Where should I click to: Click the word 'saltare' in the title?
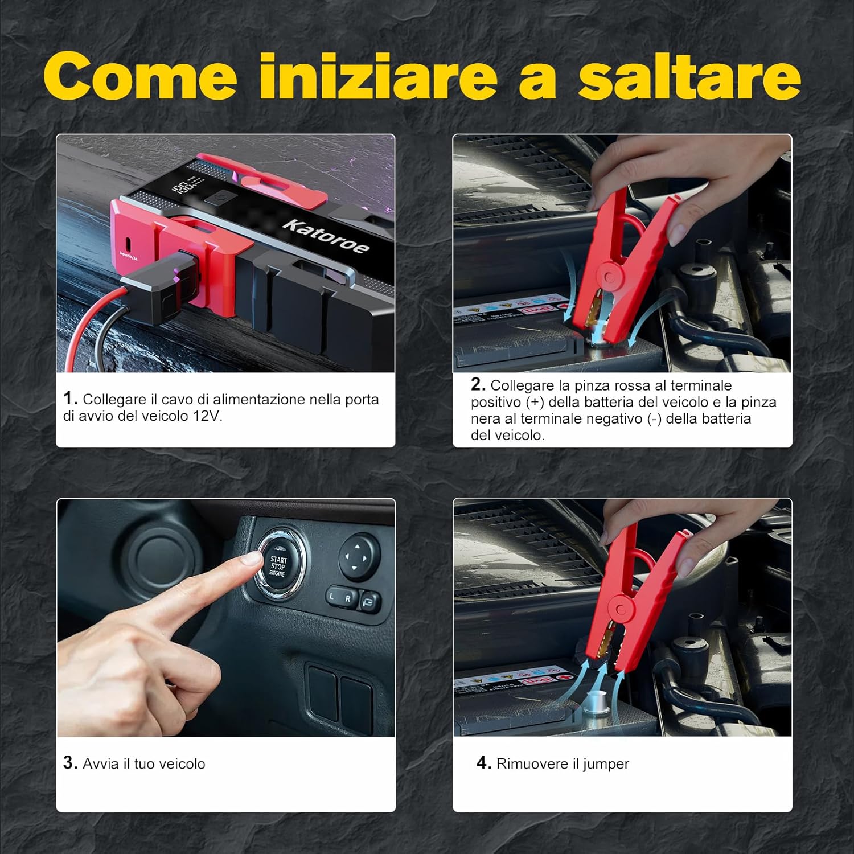pos(689,76)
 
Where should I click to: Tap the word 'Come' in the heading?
pos(140,76)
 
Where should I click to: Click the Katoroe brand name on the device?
pos(326,236)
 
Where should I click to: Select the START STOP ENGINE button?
pos(278,566)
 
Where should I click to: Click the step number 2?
pos(478,385)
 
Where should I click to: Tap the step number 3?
pos(70,763)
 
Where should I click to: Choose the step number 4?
pos(483,763)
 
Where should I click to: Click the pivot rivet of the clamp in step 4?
pos(620,610)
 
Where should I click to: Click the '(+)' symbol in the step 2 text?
pos(535,403)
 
